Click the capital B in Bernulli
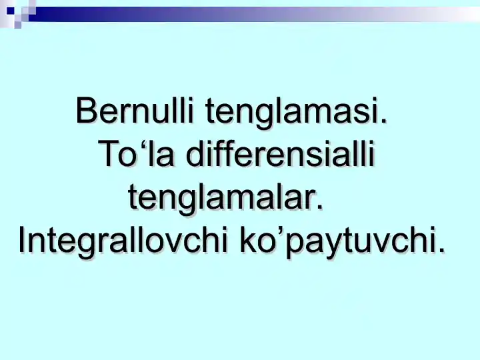click(x=87, y=111)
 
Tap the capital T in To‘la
click(x=107, y=155)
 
